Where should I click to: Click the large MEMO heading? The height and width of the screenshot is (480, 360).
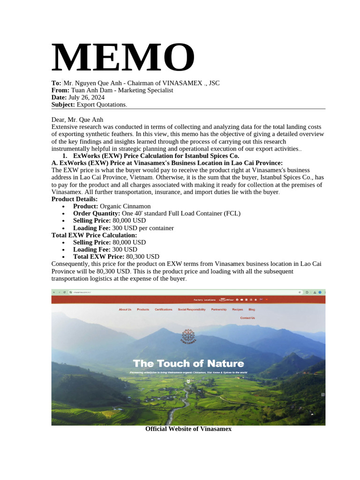point(123,58)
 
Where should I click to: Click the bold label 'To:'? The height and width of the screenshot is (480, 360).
point(56,83)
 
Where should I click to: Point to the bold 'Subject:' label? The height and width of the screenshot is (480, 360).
point(63,104)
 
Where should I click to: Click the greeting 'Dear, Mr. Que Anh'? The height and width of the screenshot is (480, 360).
point(77,120)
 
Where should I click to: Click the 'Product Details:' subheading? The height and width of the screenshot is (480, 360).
point(74,199)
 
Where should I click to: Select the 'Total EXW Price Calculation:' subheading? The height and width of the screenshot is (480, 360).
point(94,235)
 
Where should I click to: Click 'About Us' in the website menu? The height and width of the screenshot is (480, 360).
point(125,309)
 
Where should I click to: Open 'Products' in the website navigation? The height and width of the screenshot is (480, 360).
point(143,309)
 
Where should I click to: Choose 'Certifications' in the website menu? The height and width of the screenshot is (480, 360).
point(164,309)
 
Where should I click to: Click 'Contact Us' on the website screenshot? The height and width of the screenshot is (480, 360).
point(247,318)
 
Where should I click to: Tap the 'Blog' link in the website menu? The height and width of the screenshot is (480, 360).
point(252,309)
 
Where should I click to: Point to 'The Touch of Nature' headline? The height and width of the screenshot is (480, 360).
point(188,363)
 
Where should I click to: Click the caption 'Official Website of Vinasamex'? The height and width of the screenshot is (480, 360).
point(188,429)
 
